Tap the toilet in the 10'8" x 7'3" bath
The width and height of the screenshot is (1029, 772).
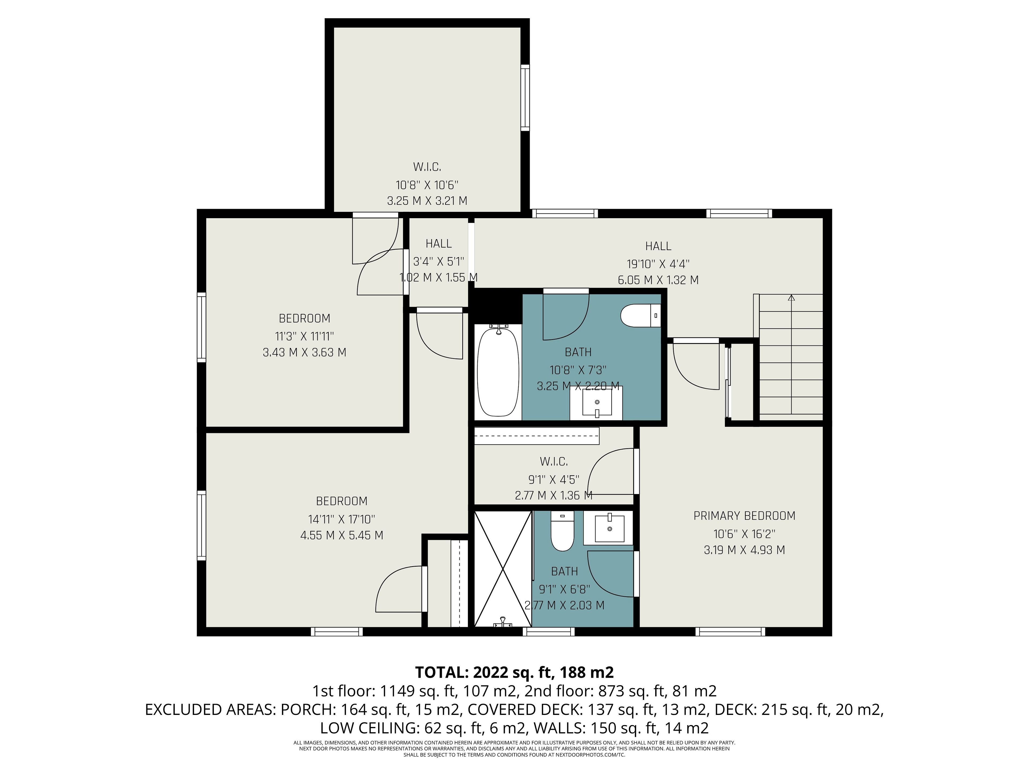640,316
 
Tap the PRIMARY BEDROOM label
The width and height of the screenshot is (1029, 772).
744,515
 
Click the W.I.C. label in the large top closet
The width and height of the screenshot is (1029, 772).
427,166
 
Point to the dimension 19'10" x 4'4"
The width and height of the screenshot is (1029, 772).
658,264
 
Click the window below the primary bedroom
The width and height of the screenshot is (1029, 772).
730,632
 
